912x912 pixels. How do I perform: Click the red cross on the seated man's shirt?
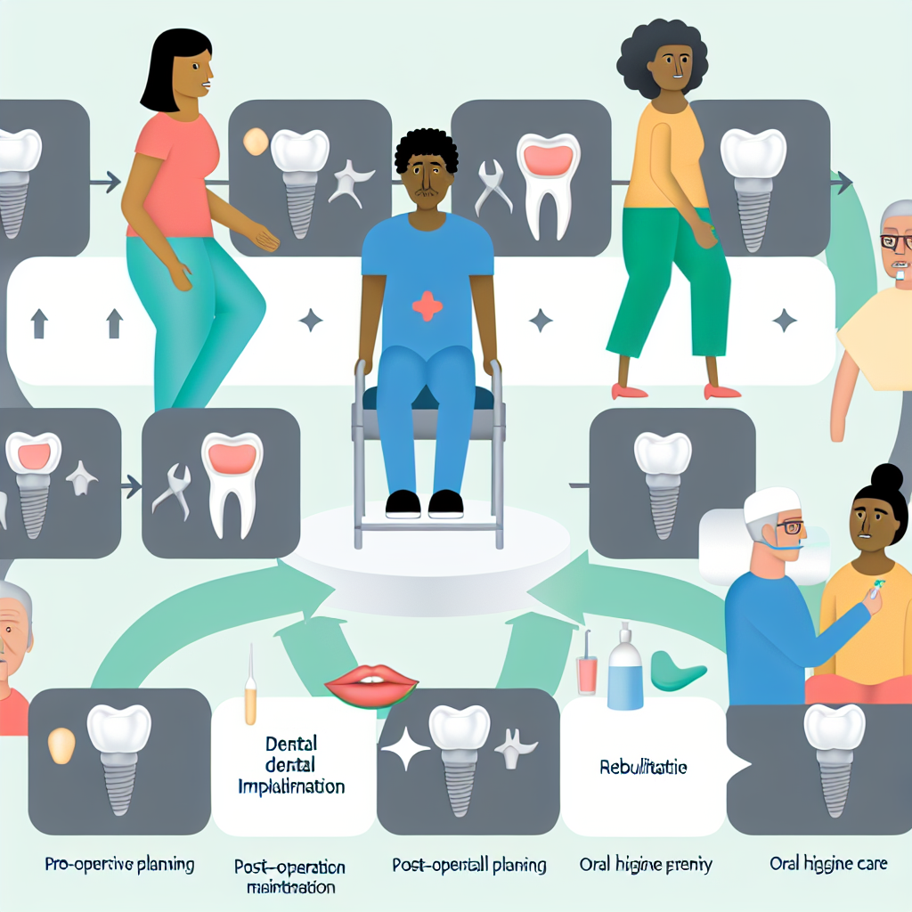point(427,305)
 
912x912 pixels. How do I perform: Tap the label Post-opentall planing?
point(469,864)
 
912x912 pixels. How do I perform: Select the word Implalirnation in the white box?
point(291,787)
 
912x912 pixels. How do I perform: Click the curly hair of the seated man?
point(427,147)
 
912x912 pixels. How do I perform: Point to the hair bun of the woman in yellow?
point(887,479)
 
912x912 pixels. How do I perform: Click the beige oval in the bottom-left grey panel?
point(61,745)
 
